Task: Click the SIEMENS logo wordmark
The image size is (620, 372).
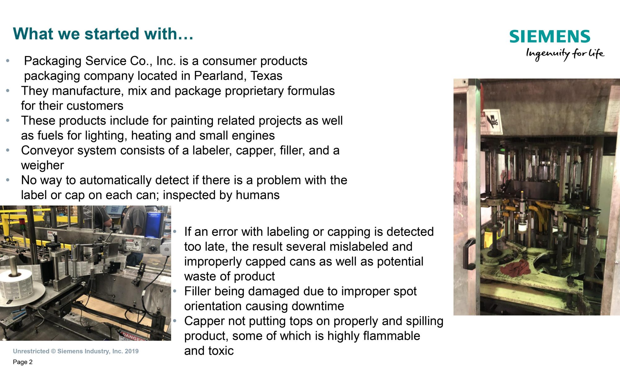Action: point(550,37)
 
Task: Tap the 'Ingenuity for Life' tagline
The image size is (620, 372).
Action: point(565,54)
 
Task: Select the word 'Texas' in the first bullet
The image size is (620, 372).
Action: point(267,76)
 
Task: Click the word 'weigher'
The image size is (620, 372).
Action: point(42,165)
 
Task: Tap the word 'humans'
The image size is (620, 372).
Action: point(258,195)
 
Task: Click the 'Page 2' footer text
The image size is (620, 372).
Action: point(23,362)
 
